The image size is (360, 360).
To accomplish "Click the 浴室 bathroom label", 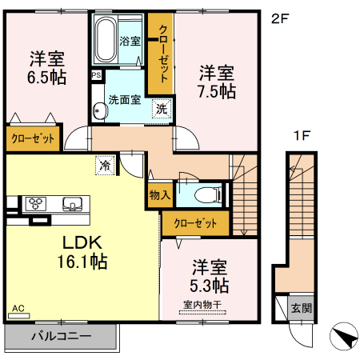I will coord(130,40).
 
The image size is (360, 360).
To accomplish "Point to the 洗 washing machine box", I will coord(162,108).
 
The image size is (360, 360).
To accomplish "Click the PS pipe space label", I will coord(96,76).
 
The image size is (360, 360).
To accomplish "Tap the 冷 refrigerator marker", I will coord(105,166).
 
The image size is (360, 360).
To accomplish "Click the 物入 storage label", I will coord(158,194).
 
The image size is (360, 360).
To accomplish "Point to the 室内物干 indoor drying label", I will coord(202,303).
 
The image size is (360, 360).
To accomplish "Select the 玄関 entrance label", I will coord(302,307).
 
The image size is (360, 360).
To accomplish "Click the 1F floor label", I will coord(301,135).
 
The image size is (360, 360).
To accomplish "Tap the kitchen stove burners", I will coord(36,202).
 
